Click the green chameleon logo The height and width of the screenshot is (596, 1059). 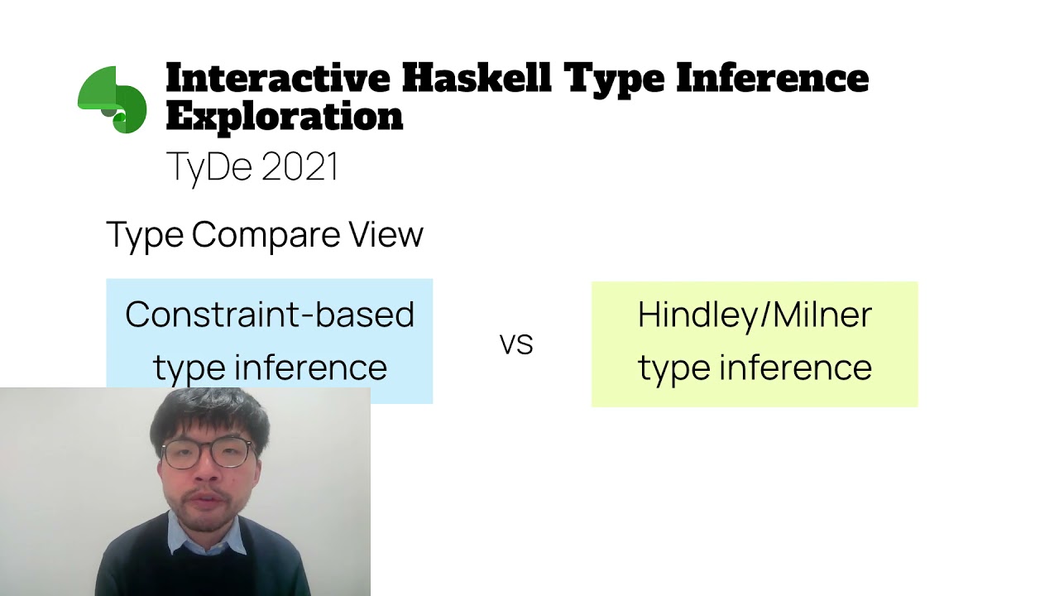[x=113, y=99]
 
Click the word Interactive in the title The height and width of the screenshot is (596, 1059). [x=278, y=79]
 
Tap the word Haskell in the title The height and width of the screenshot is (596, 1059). [x=476, y=79]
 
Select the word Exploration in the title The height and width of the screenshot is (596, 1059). [x=284, y=117]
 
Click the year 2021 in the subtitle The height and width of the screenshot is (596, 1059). [x=299, y=166]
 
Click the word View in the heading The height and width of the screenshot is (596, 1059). [x=386, y=235]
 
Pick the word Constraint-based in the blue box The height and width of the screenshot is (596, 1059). [x=270, y=315]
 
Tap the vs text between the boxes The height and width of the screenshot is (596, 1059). [x=516, y=344]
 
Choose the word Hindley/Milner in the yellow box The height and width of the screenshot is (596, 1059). [x=755, y=315]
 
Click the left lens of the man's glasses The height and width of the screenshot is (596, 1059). [x=182, y=454]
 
